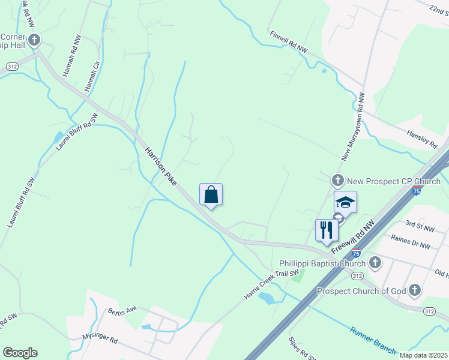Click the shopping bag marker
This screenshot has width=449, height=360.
click(211, 195)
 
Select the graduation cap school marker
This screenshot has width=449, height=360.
click(345, 202)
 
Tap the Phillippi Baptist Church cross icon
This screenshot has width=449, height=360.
click(375, 262)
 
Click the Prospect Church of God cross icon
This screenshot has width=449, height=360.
click(414, 291)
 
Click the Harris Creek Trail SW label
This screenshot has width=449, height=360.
click(271, 284)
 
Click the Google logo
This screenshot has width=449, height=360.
click(20, 353)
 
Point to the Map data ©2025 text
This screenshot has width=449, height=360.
click(423, 355)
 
